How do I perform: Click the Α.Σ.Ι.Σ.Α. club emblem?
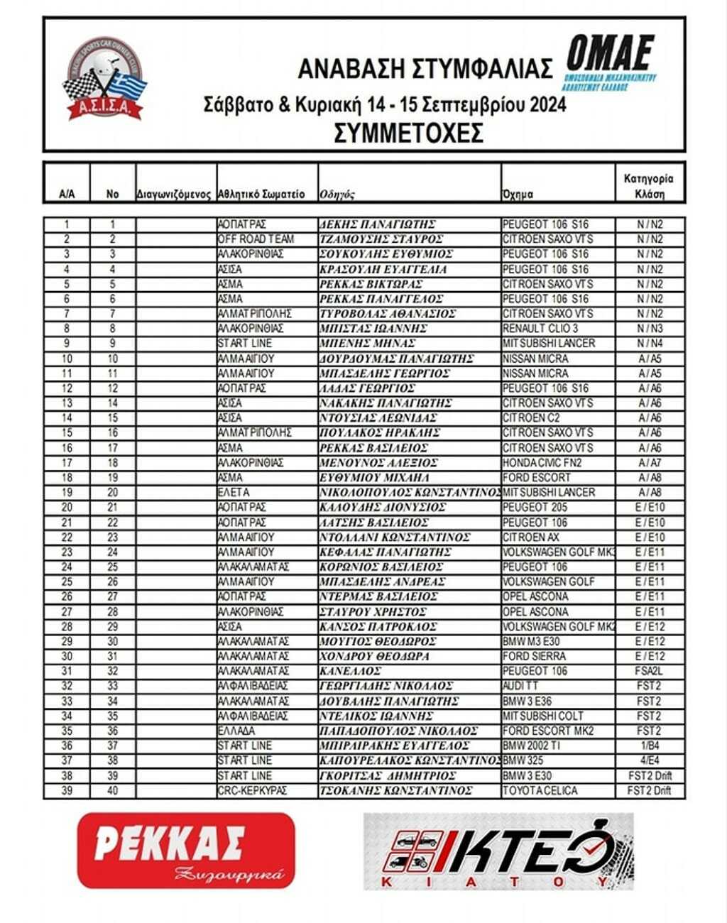click(x=105, y=79)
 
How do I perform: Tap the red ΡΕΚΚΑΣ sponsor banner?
click(x=186, y=851)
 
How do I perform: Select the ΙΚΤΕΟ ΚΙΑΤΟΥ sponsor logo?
click(x=498, y=851)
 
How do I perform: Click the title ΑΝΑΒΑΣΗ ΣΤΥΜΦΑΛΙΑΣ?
click(x=425, y=69)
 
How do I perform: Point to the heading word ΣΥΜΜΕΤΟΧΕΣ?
click(x=408, y=132)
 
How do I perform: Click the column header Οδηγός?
click(x=337, y=194)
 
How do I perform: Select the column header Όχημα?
click(x=518, y=194)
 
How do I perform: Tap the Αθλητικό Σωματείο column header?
click(x=261, y=194)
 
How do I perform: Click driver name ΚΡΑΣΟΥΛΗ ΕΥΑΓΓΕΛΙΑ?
click(x=383, y=269)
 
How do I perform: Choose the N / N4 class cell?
click(x=650, y=344)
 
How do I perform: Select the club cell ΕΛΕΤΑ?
click(x=234, y=493)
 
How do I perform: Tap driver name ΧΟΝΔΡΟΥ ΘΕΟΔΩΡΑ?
click(x=375, y=657)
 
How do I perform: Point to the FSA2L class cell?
click(x=650, y=672)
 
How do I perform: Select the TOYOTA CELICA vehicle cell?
click(x=540, y=791)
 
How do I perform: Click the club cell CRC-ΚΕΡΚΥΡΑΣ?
click(x=252, y=791)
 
